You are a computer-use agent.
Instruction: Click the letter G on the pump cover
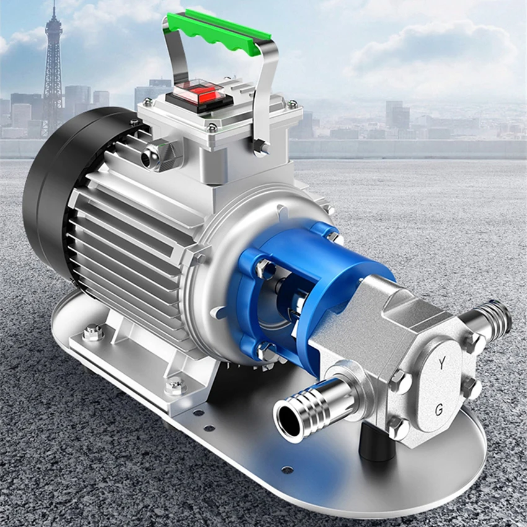[x=439, y=409]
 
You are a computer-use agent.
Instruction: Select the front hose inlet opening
[x=288, y=420]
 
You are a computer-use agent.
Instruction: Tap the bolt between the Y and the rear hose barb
[x=469, y=342]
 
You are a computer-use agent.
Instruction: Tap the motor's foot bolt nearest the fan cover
[x=92, y=334]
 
